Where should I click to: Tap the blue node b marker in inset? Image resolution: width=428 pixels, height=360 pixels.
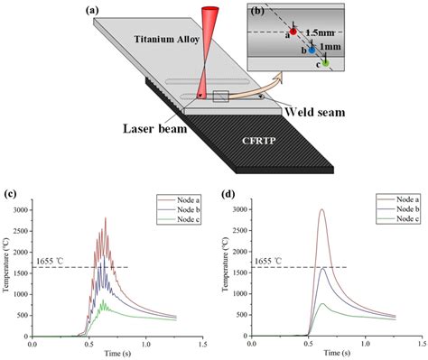(x=312, y=51)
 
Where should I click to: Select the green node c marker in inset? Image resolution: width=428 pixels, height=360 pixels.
(x=326, y=64)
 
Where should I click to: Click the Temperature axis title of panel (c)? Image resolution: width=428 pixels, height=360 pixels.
(x=8, y=270)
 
